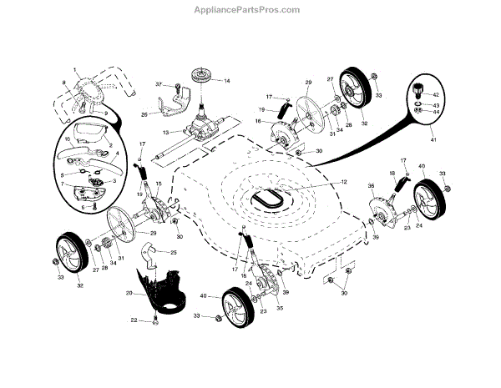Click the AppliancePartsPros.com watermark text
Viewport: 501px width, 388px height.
click(251, 10)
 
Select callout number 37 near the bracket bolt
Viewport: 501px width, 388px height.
click(159, 85)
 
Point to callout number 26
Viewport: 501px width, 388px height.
click(144, 114)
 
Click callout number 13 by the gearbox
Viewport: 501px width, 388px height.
click(165, 132)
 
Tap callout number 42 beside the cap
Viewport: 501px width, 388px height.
click(436, 96)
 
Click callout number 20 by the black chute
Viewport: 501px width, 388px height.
click(129, 293)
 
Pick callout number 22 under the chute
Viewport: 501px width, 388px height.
click(134, 320)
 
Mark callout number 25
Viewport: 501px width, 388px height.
click(173, 252)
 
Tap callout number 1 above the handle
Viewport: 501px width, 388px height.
click(74, 68)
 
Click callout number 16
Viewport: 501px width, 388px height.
click(258, 122)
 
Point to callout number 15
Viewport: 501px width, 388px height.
click(158, 184)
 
